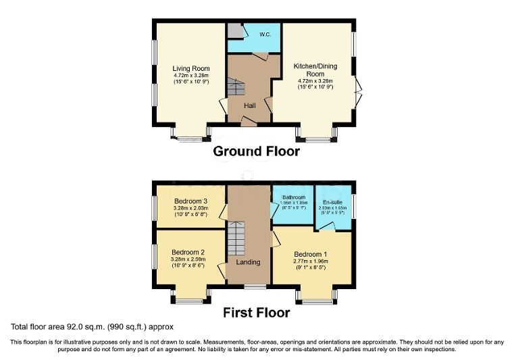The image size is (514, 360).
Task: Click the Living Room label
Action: tap(190, 68)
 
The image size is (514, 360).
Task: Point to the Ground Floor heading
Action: tap(257, 151)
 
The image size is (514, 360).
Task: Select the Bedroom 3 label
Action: tap(190, 201)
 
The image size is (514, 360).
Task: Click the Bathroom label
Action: tap(294, 196)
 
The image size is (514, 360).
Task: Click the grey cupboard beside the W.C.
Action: tap(234, 31)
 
